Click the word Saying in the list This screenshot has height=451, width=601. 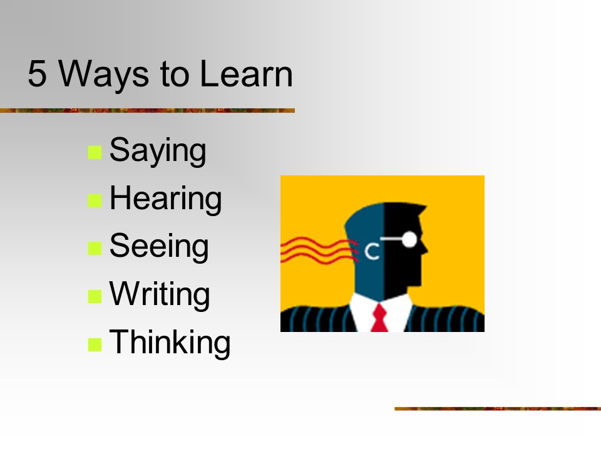tap(158, 151)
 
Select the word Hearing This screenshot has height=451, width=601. tap(165, 199)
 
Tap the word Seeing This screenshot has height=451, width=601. tap(159, 247)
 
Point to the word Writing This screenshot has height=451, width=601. tap(160, 294)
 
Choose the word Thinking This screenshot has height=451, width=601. tap(170, 342)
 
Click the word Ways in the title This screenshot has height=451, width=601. tap(103, 75)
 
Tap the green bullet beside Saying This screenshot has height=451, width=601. tap(95, 152)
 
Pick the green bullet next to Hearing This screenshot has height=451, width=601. tap(95, 200)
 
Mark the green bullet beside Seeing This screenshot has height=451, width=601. tap(95, 248)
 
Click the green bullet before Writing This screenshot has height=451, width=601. tap(95, 296)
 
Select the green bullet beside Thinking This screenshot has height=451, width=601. tap(95, 345)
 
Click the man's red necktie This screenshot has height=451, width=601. tap(379, 318)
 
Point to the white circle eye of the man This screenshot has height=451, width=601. tap(409, 239)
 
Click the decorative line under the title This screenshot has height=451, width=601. tap(147, 110)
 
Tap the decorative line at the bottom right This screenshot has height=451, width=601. tap(498, 409)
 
